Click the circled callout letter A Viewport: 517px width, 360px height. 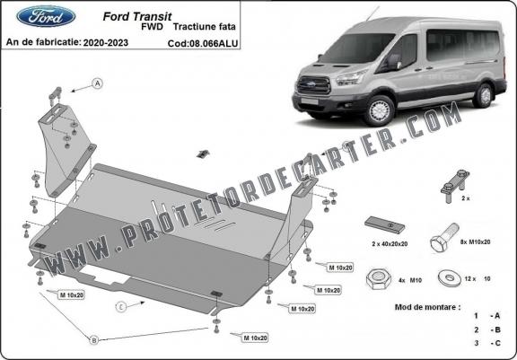(x=97, y=84)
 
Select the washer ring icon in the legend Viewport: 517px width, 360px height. (x=445, y=277)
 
